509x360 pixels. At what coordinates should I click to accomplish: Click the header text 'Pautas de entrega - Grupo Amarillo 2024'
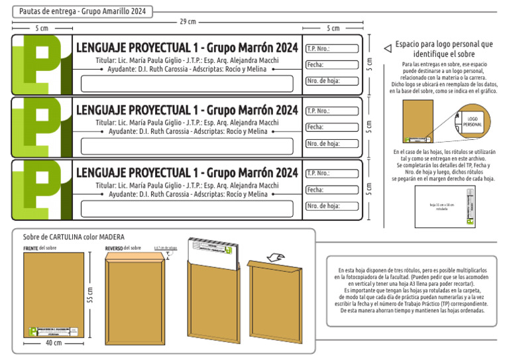[83, 11]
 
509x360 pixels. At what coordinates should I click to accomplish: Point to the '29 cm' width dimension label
[188, 22]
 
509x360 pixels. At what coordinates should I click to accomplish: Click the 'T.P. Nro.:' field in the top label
[331, 48]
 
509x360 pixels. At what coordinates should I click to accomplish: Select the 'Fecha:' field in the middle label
[331, 127]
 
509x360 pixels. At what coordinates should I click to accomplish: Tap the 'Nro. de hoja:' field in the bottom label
[331, 206]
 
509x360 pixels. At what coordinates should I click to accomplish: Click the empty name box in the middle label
[187, 146]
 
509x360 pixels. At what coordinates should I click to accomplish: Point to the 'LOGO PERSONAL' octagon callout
[472, 121]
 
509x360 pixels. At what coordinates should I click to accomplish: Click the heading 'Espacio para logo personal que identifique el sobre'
[443, 49]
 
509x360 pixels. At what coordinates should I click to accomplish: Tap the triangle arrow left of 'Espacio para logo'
[388, 48]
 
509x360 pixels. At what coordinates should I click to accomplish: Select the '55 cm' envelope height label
[90, 295]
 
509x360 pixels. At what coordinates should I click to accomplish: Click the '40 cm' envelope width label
[54, 343]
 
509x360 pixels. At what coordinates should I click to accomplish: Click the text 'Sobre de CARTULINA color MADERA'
[74, 237]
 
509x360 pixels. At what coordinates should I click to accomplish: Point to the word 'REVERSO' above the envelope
[115, 248]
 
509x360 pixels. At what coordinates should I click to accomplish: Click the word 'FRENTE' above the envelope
[30, 248]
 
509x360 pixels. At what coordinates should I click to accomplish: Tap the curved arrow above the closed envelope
[273, 257]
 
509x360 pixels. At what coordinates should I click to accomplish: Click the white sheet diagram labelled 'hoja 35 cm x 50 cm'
[445, 205]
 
